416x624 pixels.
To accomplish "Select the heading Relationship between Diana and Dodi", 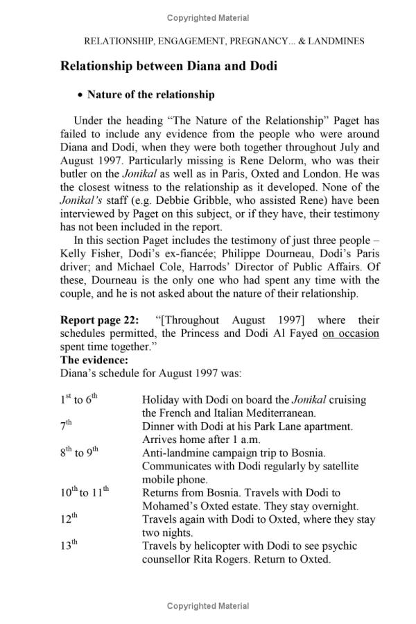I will point(168,67).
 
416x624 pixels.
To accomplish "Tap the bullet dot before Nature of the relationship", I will point(80,95).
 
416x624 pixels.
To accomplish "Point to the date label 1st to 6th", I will point(79,399).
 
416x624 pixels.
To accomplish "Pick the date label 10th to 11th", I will point(85,492).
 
